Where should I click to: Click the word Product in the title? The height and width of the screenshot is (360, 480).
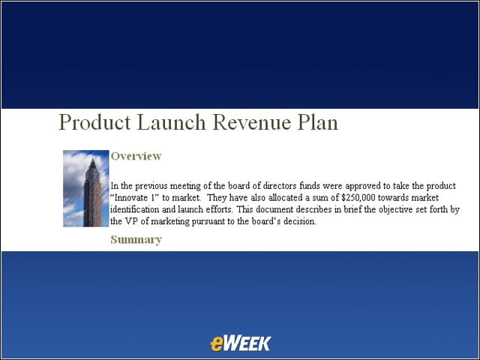tap(94, 122)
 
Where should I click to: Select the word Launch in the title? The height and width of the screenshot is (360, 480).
tap(172, 122)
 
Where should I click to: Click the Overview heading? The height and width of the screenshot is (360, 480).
tap(136, 156)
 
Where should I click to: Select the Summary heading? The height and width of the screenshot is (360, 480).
tap(136, 239)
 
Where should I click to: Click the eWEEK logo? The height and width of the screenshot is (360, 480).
tap(241, 343)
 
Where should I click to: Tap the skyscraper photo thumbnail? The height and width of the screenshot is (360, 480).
tap(86, 188)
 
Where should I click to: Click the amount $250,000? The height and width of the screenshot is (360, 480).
tap(358, 198)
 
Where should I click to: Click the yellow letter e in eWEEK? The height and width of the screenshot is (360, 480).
tap(216, 343)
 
